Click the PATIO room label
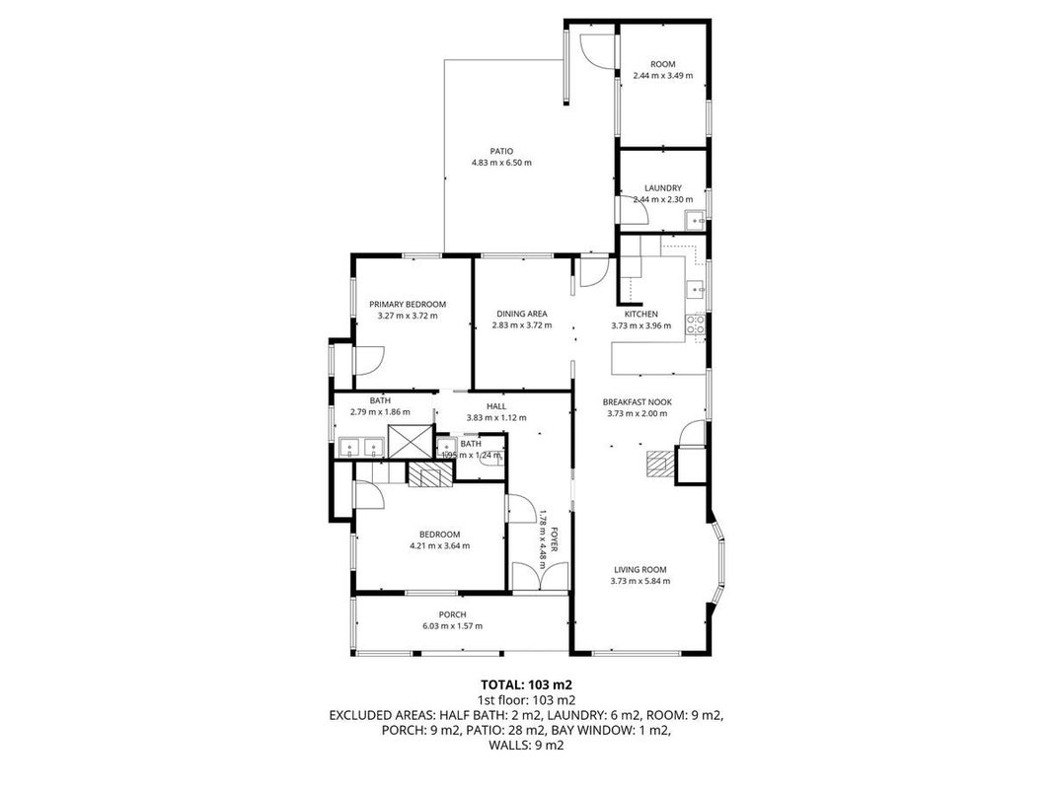pyautogui.click(x=501, y=151)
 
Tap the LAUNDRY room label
pyautogui.click(x=663, y=187)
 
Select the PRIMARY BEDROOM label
pyautogui.click(x=408, y=304)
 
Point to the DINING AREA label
pyautogui.click(x=522, y=314)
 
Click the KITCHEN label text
pyautogui.click(x=641, y=314)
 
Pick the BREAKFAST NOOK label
pyautogui.click(x=638, y=401)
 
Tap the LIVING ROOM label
pyautogui.click(x=640, y=570)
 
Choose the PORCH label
pyautogui.click(x=453, y=614)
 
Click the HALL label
pyautogui.click(x=496, y=406)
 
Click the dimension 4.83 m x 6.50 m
pyautogui.click(x=501, y=163)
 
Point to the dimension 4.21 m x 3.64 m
pyautogui.click(x=440, y=545)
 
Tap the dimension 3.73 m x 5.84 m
pyautogui.click(x=640, y=581)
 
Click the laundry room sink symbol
pyautogui.click(x=695, y=220)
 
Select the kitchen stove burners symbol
pyautogui.click(x=695, y=324)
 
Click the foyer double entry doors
pyautogui.click(x=540, y=576)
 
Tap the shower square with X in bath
pyautogui.click(x=410, y=442)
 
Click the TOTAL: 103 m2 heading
pyautogui.click(x=527, y=685)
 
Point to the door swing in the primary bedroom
pyautogui.click(x=368, y=360)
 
